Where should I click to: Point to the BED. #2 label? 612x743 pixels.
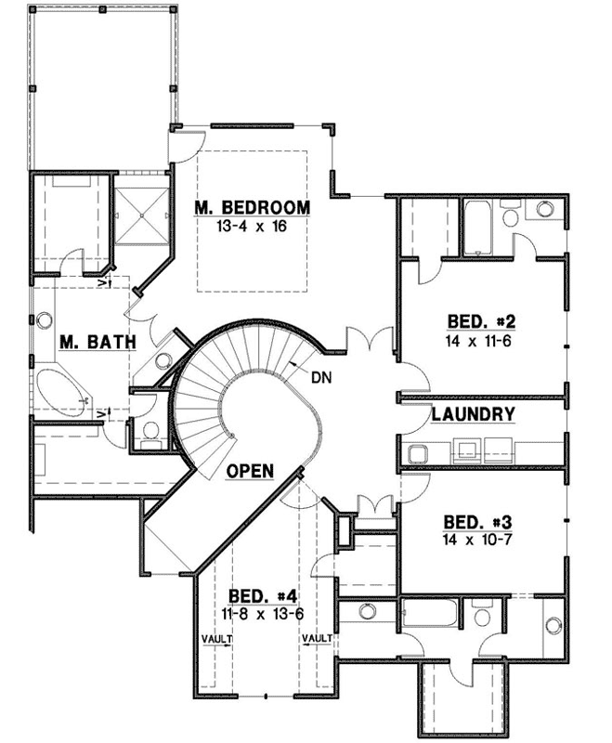click(480, 322)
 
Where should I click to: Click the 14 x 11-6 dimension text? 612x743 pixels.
click(480, 341)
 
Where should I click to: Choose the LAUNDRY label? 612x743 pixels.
click(473, 415)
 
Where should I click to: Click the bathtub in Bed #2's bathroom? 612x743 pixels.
click(479, 227)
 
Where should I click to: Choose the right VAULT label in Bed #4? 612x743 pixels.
click(316, 639)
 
